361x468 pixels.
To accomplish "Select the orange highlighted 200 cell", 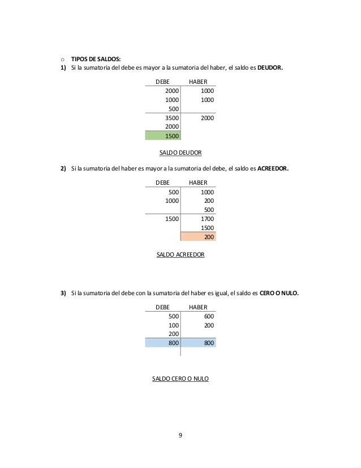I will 208,237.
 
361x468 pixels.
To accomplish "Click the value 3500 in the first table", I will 171,118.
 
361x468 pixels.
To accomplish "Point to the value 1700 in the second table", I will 207,219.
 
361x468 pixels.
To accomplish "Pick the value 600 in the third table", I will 208,316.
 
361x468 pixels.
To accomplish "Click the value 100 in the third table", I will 174,325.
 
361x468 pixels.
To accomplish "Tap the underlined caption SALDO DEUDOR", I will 182,153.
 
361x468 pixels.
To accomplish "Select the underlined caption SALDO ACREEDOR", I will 180,255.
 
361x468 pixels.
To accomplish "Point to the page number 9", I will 180,435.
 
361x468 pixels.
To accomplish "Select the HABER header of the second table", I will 198,182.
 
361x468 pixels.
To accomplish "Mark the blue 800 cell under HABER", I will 208,343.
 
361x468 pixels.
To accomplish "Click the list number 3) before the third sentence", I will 64,293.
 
